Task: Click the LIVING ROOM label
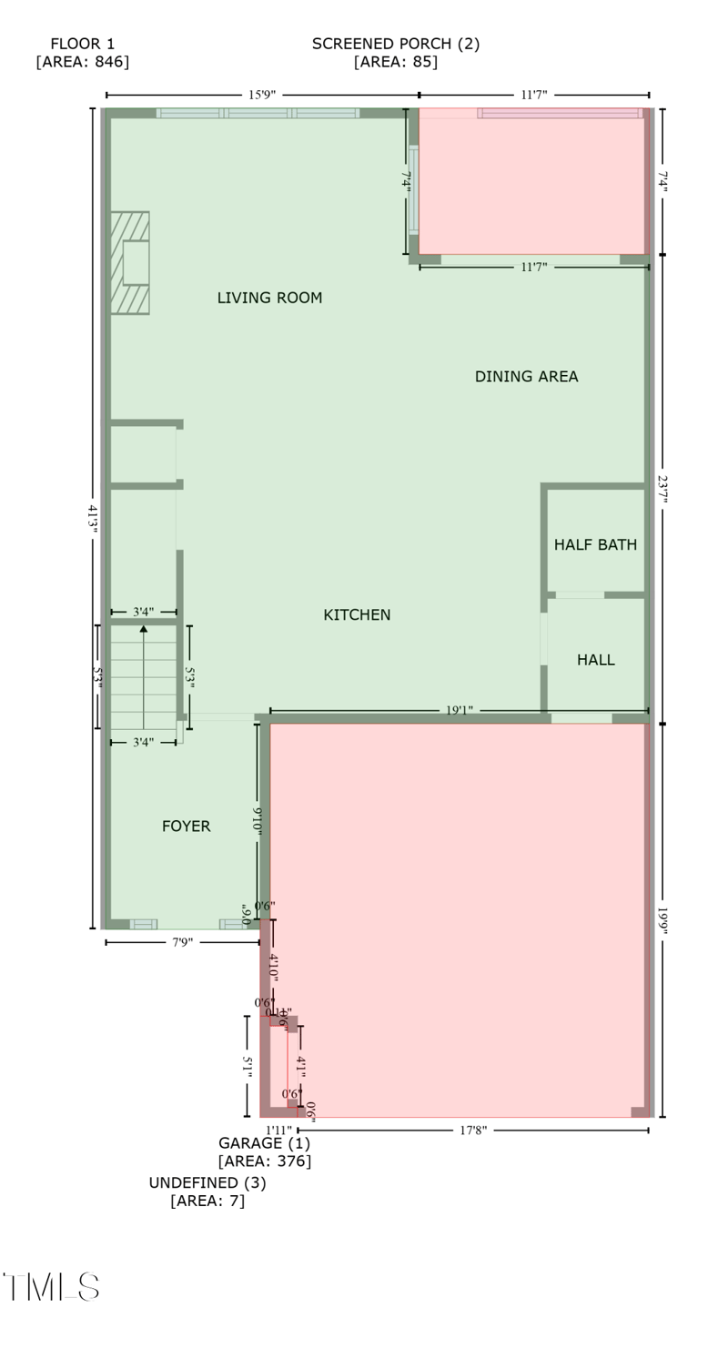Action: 269,298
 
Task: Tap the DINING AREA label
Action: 526,377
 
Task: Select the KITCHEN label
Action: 357,615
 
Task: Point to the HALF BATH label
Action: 595,545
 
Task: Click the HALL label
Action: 595,660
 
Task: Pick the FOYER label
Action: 186,827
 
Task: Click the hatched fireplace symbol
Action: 130,263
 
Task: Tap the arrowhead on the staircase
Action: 144,628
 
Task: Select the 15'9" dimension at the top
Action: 262,95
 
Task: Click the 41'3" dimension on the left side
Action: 92,518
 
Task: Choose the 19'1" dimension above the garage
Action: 459,711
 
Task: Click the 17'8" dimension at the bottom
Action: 472,1131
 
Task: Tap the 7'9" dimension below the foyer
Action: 182,942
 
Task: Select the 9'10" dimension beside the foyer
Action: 258,822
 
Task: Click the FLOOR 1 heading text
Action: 82,44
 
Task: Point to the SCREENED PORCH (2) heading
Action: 396,44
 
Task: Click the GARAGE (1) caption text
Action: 264,1143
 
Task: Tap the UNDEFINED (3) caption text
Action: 207,1183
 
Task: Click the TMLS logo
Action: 52,1287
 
